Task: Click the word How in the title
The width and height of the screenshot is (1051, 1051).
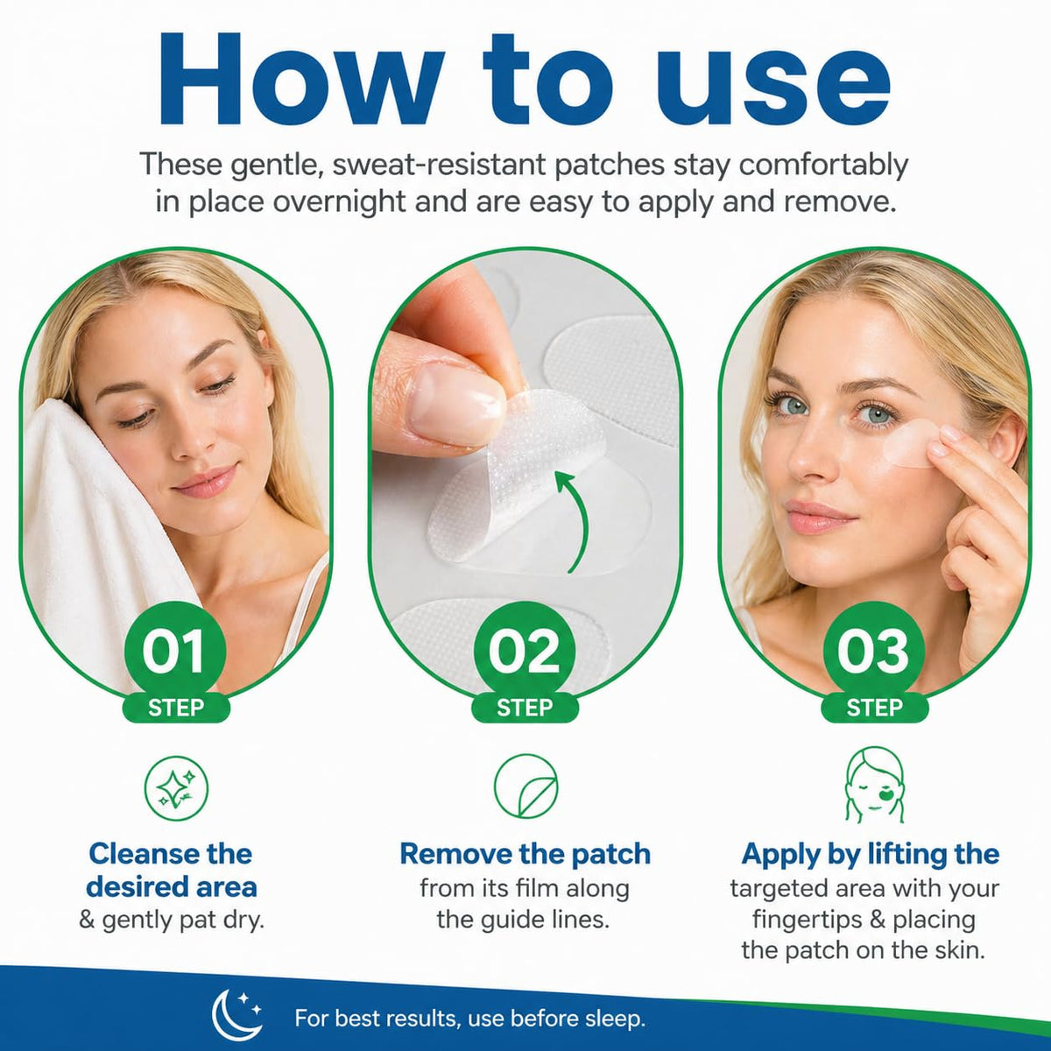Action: coord(298,80)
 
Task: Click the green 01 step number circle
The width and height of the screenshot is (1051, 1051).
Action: coord(175,652)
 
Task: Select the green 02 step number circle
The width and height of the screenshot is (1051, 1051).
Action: coord(525,652)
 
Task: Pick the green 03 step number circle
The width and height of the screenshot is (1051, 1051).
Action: coord(874,652)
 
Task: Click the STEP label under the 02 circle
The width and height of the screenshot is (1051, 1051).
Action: coord(525,708)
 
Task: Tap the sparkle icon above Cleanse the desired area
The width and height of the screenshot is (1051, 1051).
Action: coord(176,787)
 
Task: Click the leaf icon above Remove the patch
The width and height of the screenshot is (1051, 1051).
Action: coord(525,786)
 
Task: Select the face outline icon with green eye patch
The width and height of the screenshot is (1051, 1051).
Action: coord(874,785)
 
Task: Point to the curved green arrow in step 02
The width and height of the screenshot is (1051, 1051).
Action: coord(575,521)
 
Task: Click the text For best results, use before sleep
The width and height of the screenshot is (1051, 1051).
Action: coord(469,1019)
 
